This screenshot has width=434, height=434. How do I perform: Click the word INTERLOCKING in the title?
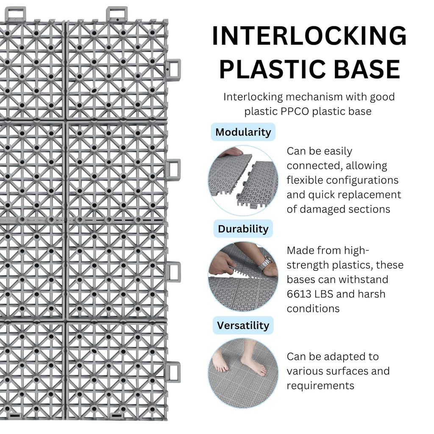309,36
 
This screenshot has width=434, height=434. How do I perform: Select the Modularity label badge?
243,132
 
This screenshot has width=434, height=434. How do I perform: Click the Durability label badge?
243,228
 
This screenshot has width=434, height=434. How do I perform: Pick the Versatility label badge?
243,325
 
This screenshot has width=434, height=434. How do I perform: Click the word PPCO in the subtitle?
295,111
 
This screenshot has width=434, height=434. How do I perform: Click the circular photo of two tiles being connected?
243,181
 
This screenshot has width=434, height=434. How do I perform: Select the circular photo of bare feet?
243,373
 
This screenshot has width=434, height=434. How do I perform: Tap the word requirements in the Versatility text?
320,386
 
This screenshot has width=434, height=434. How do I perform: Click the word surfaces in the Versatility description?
348,371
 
